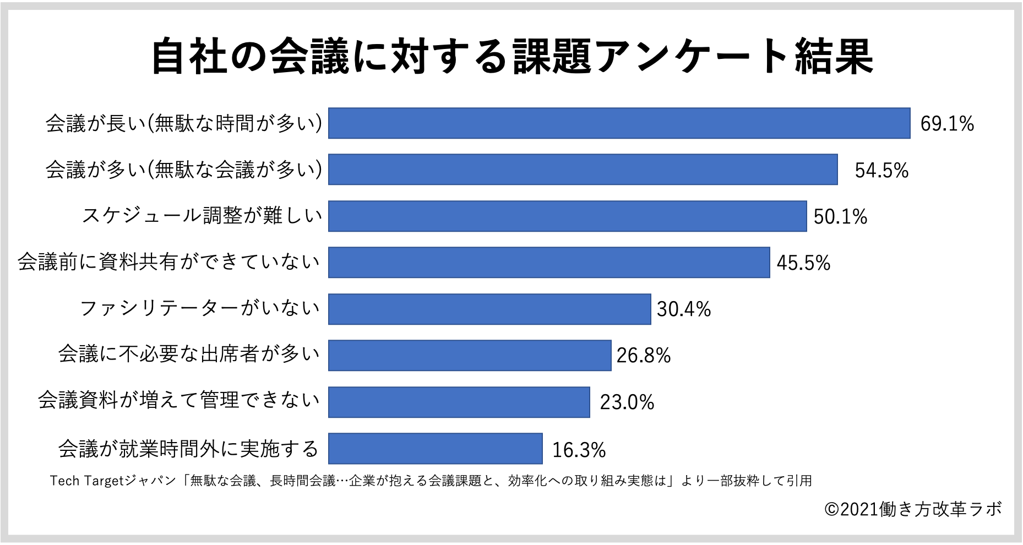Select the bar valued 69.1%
click(x=619, y=123)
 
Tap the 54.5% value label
click(x=881, y=170)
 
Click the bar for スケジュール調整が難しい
click(x=567, y=216)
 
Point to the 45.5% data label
click(x=803, y=263)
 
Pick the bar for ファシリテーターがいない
click(x=489, y=309)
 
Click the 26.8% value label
click(x=643, y=356)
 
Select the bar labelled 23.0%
click(x=459, y=402)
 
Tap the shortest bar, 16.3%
click(x=435, y=449)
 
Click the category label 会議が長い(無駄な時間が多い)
click(x=183, y=123)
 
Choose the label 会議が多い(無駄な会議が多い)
click(x=183, y=170)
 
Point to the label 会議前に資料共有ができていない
click(x=168, y=262)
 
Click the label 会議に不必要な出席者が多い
click(x=189, y=354)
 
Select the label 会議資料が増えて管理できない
click(x=178, y=400)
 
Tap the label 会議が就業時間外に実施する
click(x=188, y=449)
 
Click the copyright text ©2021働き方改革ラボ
click(x=913, y=509)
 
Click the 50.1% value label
click(x=840, y=216)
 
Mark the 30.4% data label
click(x=683, y=309)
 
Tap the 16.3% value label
click(x=578, y=450)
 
